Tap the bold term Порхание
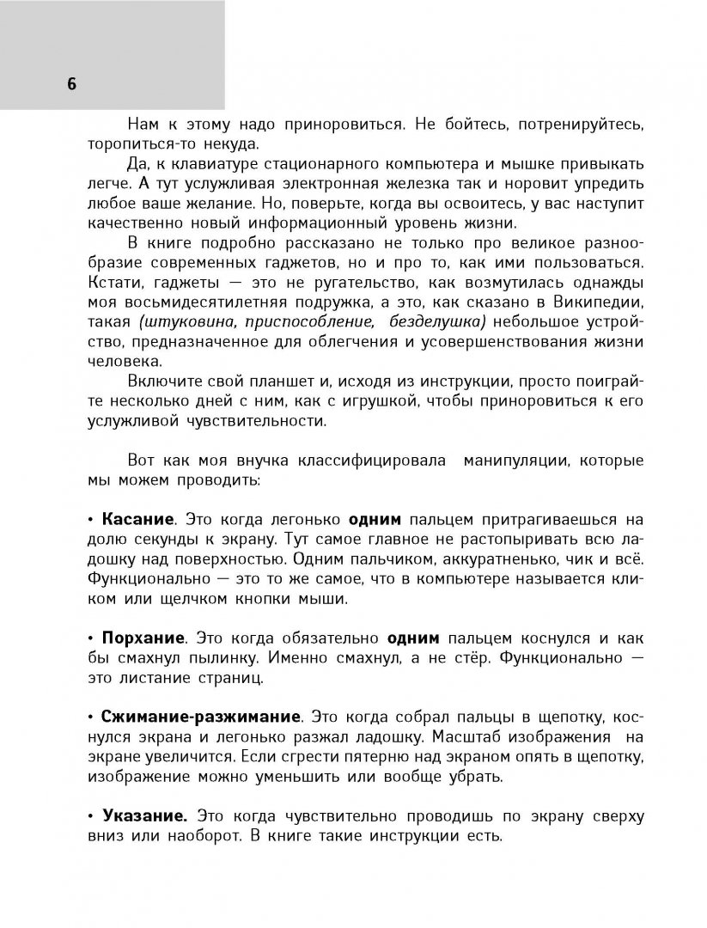pos(143,638)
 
